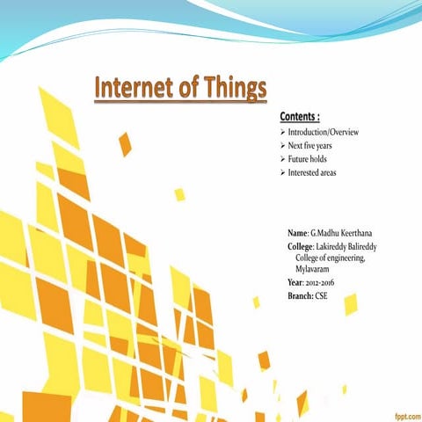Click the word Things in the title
231,90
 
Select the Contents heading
299,117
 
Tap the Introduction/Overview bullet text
324,131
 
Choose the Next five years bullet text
309,145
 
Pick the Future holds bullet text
307,158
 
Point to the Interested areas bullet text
311,172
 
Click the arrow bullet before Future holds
282,158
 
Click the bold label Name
297,232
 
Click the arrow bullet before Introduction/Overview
282,131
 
